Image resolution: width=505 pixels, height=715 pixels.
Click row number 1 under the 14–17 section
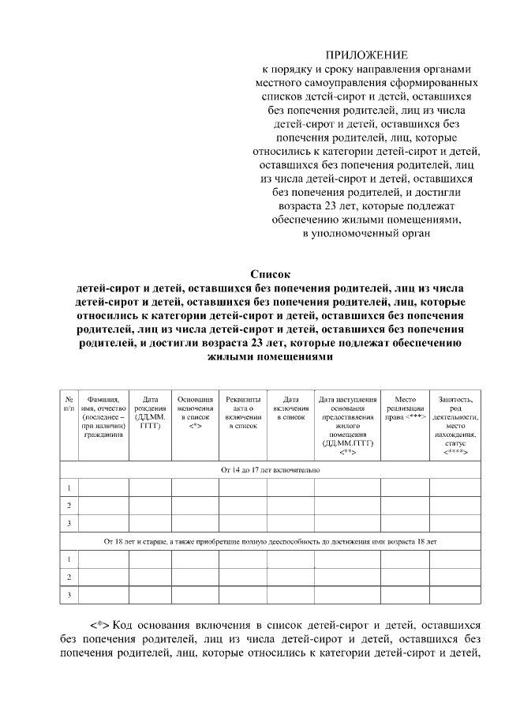coord(69,487)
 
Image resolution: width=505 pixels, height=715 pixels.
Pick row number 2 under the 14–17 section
coord(69,506)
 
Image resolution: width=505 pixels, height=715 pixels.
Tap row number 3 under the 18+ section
coord(69,595)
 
